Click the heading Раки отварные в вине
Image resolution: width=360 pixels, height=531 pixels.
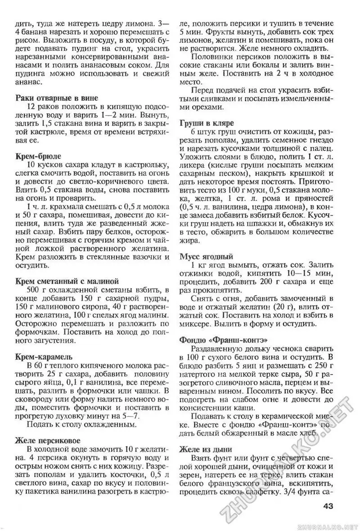tap(56, 98)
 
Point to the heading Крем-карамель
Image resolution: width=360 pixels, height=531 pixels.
tap(43, 357)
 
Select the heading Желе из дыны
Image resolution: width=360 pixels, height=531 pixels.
tap(206, 448)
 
